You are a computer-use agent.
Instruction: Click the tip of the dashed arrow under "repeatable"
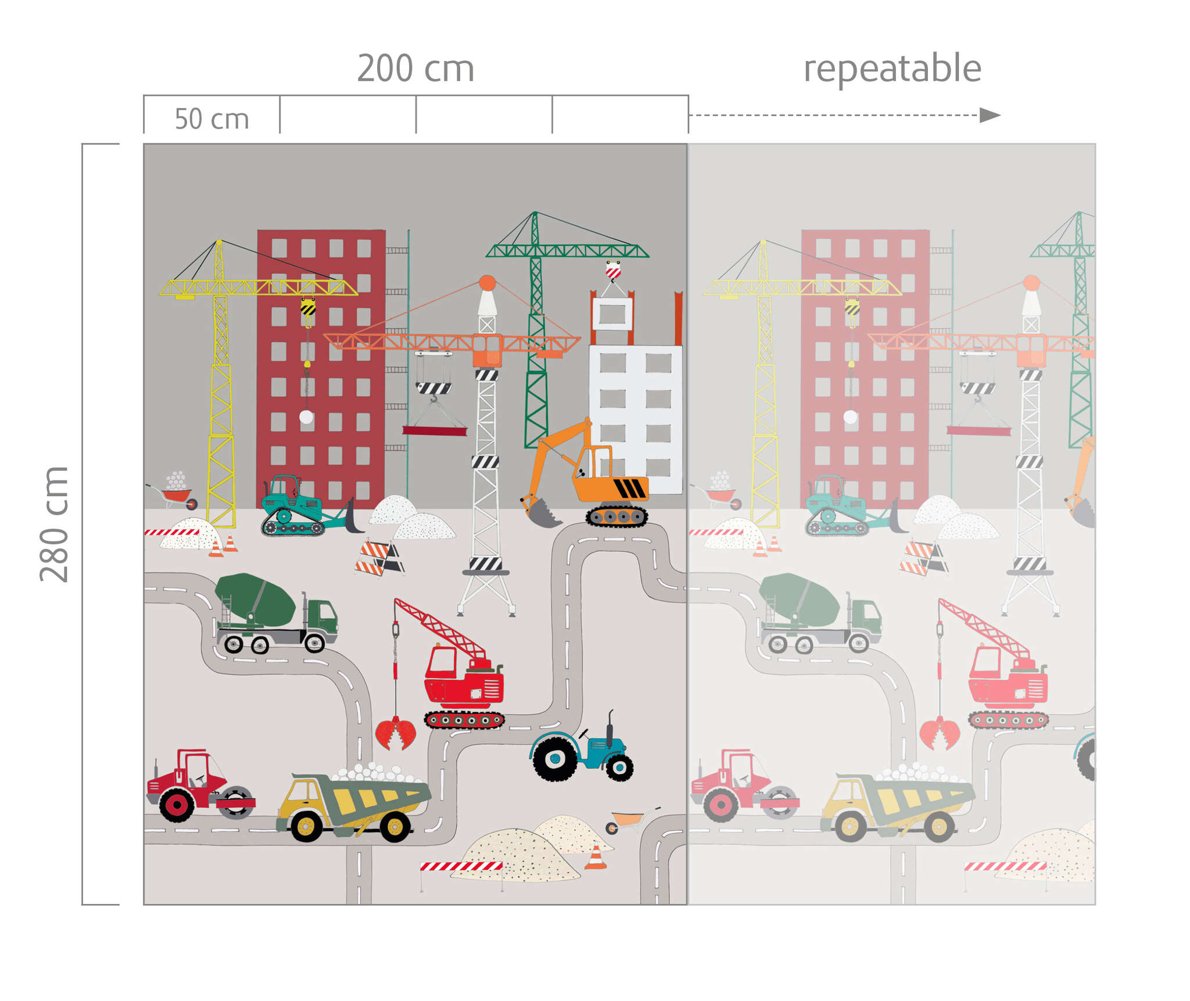(1000, 115)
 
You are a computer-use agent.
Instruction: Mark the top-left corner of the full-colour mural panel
(144, 144)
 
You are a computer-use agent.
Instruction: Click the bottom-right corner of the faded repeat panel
(1095, 904)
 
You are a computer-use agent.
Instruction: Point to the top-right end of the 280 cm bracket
(119, 144)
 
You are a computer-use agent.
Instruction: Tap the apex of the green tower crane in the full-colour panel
(535, 212)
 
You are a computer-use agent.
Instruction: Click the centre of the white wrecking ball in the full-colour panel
(306, 417)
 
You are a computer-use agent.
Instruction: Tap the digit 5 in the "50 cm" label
(181, 119)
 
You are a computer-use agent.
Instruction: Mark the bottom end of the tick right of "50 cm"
(280, 133)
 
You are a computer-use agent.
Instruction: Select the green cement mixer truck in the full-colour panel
(276, 612)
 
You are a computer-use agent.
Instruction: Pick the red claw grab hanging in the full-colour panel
(396, 733)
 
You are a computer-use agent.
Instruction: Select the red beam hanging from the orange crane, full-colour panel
(435, 430)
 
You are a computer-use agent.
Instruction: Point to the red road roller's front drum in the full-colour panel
(235, 802)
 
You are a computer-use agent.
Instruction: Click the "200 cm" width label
(415, 69)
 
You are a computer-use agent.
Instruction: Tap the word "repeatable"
(892, 69)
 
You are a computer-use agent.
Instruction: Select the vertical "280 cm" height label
(54, 524)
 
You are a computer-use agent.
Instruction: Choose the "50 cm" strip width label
(212, 119)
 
